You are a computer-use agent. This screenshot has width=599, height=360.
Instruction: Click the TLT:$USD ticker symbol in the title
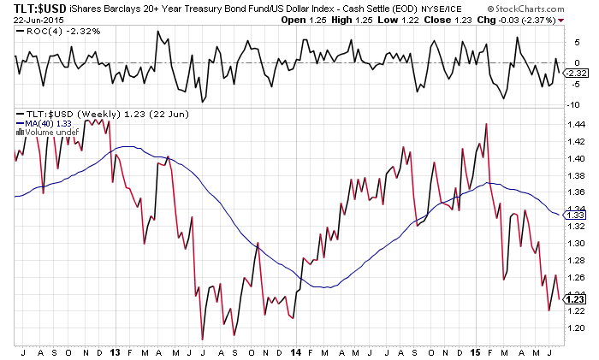pyautogui.click(x=29, y=8)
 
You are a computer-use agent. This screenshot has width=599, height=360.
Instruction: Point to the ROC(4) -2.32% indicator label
pyautogui.click(x=50, y=31)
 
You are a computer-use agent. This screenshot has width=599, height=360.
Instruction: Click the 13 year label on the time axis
pyautogui.click(x=113, y=351)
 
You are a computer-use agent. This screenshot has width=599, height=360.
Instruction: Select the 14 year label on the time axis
pyautogui.click(x=295, y=351)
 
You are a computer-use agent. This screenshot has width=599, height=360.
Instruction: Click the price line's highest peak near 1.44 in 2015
pyautogui.click(x=486, y=124)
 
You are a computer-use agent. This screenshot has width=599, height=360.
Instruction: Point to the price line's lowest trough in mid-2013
pyautogui.click(x=203, y=339)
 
